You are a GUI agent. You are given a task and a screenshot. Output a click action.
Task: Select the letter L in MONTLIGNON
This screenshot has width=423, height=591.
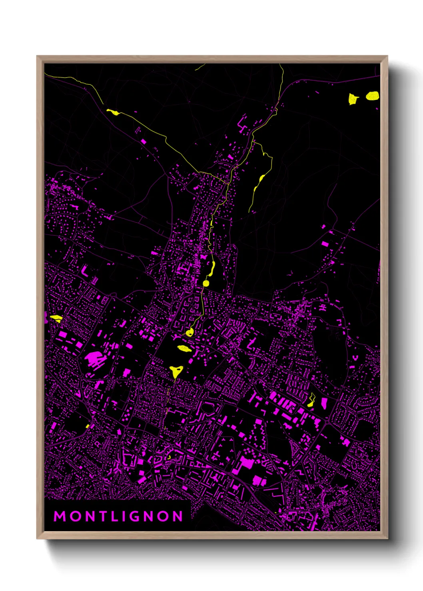117,516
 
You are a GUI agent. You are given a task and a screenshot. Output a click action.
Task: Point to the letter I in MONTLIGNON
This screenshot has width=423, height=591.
126,516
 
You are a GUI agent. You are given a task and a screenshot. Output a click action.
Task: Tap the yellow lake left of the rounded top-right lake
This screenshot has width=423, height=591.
353,99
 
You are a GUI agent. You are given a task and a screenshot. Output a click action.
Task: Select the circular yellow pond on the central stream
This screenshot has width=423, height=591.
206,284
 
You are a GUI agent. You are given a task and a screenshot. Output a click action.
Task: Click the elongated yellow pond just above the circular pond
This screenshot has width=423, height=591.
211,268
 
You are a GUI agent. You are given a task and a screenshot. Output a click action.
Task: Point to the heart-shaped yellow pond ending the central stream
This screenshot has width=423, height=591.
189,332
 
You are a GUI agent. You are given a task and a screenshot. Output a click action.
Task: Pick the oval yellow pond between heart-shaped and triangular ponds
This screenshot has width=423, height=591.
184,348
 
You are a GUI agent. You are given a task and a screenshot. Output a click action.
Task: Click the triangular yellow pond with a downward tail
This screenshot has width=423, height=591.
176,371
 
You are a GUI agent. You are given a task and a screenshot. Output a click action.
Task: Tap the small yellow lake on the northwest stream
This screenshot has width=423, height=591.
113,112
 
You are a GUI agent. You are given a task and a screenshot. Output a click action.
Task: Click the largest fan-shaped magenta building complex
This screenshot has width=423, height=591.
93,358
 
